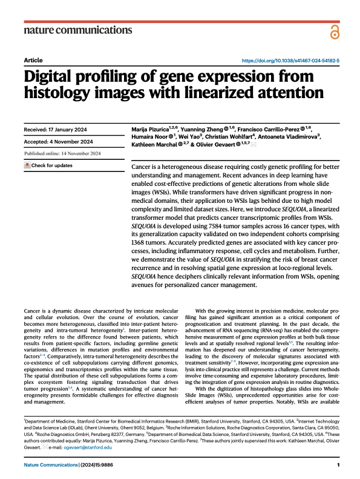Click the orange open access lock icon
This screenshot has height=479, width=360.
coord(335,32)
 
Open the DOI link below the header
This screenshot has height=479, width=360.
coord(290,61)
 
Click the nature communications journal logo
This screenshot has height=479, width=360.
coord(78,30)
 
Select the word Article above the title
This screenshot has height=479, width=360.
coord(33,60)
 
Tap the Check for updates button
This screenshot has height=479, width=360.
coord(48,165)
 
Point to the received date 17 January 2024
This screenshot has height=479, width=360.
coord(68,130)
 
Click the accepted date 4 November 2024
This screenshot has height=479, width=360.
coord(71,142)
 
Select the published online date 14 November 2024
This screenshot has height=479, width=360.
coord(81,153)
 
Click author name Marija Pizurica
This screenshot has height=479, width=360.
coord(150,130)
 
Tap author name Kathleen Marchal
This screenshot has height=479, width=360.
coord(154,145)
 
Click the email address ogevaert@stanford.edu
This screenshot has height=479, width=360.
coord(88,448)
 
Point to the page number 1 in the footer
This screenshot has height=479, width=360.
coord(338,465)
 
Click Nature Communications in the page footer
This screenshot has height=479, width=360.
coord(51,465)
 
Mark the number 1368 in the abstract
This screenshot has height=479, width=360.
coord(139,243)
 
